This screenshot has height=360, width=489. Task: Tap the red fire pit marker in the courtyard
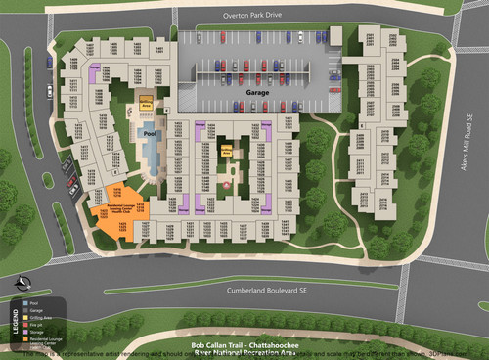tap(227, 184)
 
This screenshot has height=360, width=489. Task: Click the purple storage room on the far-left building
tap(96, 72)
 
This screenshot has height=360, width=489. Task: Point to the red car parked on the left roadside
tap(71, 181)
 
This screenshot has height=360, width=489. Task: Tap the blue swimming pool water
tap(152, 153)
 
